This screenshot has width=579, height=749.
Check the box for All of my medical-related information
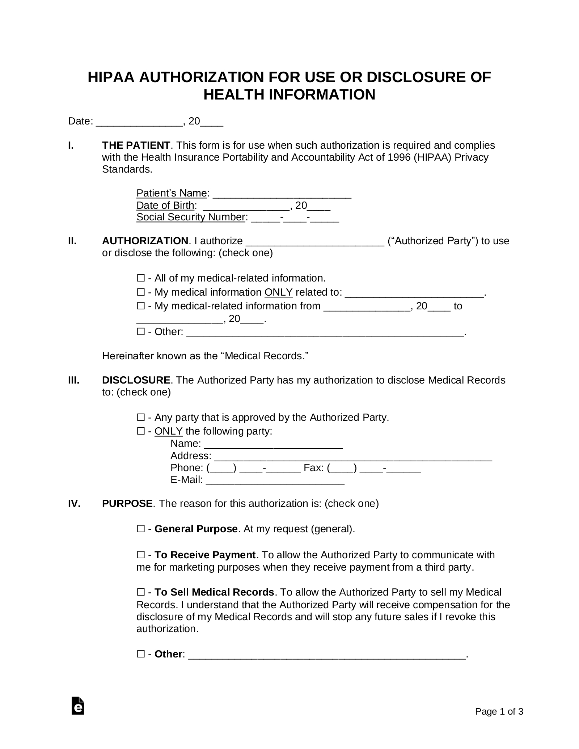tap(141, 278)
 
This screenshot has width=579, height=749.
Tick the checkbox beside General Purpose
tap(141, 529)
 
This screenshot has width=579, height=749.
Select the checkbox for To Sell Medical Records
tap(141, 592)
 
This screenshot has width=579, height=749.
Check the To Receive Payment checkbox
tap(141, 555)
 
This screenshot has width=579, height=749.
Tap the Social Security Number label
tap(191, 217)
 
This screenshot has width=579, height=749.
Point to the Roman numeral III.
tap(74, 380)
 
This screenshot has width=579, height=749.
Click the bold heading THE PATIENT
tap(136, 145)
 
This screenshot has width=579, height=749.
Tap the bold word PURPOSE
tap(127, 504)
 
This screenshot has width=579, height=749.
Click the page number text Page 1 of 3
tap(499, 712)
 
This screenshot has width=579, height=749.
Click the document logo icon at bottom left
tap(78, 706)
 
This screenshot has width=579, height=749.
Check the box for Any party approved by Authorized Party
tap(141, 418)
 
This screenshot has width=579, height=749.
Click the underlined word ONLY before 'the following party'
tap(168, 431)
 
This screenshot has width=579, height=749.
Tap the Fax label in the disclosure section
tap(313, 468)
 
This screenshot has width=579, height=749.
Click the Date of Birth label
tap(165, 206)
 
